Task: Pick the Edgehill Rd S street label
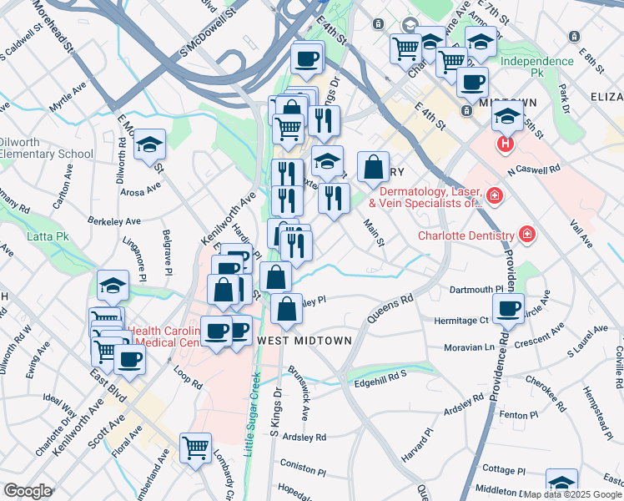click(x=380, y=374)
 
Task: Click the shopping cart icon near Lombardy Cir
click(x=195, y=448)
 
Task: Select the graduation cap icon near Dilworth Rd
click(x=149, y=144)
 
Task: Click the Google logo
click(x=28, y=491)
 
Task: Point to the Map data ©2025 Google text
click(x=571, y=494)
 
